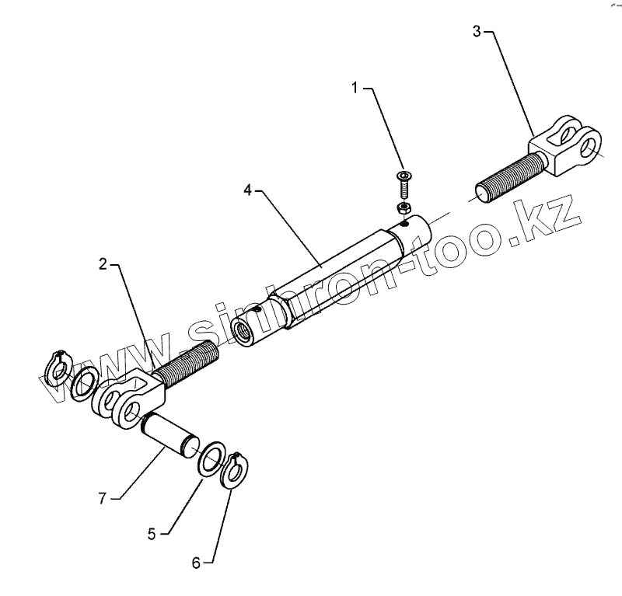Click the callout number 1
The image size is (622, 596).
(356, 89)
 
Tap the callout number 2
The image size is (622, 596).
(103, 265)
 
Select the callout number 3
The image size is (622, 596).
(477, 32)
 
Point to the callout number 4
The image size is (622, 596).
(248, 189)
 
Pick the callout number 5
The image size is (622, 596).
(152, 533)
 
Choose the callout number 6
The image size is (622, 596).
(197, 563)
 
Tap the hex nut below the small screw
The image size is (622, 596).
(403, 208)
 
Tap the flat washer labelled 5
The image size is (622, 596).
(211, 459)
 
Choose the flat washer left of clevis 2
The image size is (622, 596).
(83, 382)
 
